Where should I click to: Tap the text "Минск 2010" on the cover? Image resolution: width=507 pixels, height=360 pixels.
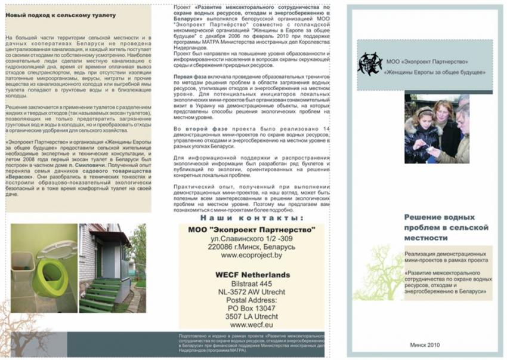(425, 345)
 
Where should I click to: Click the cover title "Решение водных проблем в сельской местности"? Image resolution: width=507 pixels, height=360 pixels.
(446, 228)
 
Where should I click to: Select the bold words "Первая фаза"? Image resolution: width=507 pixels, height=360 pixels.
(191, 78)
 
